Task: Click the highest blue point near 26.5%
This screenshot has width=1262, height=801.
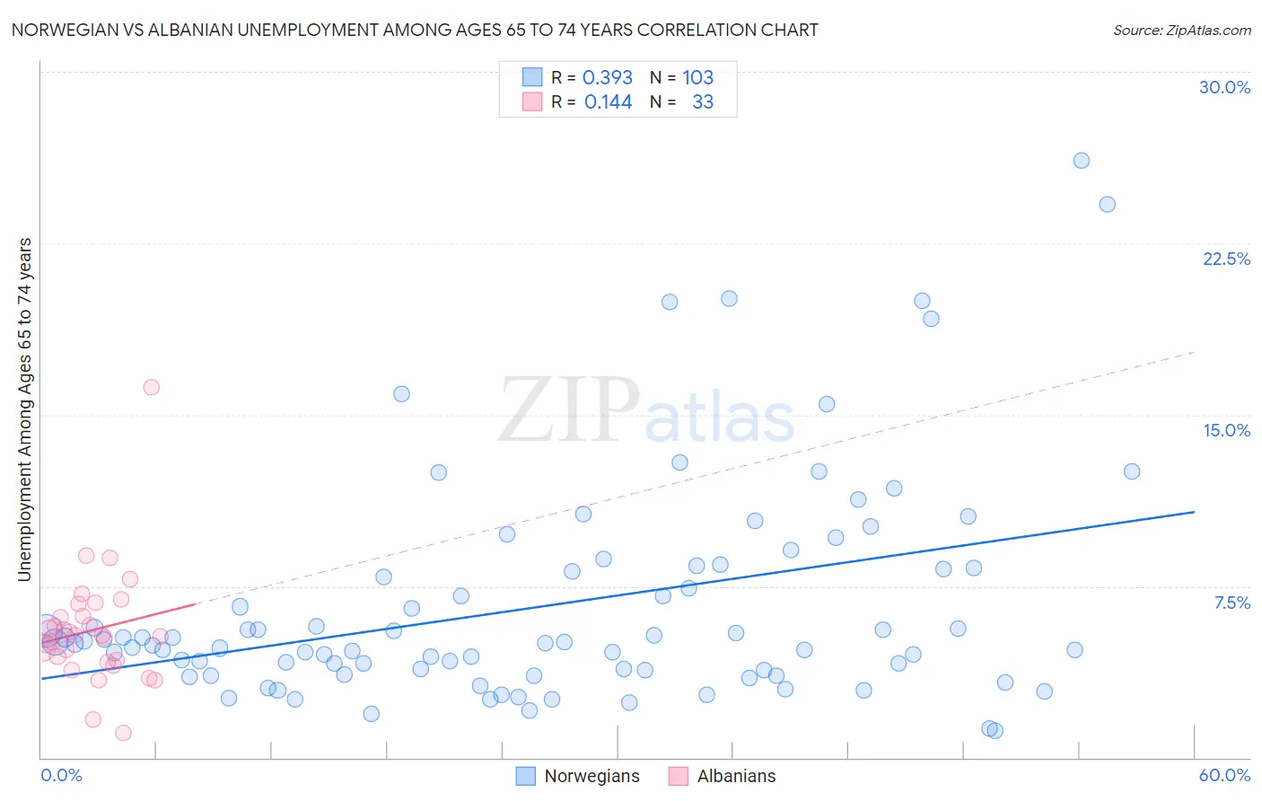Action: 1082,161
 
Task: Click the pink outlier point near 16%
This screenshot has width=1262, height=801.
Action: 152,387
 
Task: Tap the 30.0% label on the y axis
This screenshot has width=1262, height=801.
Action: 1224,87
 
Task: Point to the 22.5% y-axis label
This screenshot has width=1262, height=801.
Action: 1226,259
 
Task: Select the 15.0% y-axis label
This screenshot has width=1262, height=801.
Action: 1226,430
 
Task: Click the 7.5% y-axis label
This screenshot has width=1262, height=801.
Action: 1231,603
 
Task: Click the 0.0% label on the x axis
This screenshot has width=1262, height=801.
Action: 61,775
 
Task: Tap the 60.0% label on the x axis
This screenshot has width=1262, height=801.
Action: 1224,775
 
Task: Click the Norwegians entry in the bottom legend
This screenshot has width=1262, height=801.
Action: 592,776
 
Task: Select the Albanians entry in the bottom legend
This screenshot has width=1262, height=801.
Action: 736,776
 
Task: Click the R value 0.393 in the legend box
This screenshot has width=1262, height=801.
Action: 608,77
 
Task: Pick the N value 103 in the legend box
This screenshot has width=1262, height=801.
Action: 697,77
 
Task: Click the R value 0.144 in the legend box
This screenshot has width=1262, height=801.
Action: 608,102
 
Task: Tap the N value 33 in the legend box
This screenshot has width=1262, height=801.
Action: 703,102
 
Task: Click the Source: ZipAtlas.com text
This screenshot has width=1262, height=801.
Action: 1181,30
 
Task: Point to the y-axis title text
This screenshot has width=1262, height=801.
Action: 25,409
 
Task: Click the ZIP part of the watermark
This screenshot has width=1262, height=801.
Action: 569,410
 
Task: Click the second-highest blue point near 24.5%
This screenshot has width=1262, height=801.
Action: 1107,205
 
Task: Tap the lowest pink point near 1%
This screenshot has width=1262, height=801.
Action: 123,733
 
